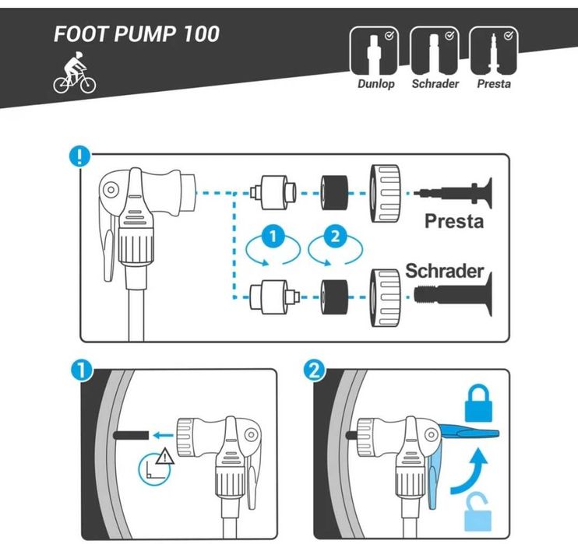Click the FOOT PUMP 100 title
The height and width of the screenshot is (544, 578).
(x=136, y=35)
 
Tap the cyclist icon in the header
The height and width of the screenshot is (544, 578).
(x=74, y=75)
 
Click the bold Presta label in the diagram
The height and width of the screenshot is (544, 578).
(x=453, y=221)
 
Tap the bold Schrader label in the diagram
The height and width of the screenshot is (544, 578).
(x=444, y=272)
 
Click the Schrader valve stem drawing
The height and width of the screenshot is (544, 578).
(x=452, y=295)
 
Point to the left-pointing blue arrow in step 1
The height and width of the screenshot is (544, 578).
(x=162, y=437)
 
